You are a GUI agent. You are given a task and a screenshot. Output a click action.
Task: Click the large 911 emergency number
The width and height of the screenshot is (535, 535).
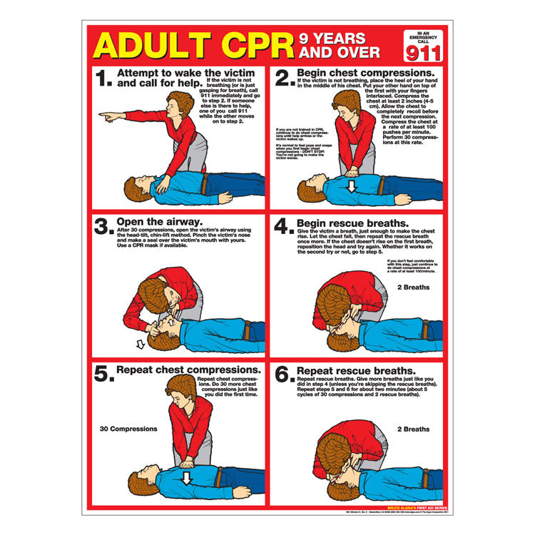422,51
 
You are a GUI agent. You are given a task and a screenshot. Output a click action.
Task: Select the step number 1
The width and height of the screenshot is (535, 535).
103,78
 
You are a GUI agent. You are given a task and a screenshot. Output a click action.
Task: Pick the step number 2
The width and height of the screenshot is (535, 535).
284,78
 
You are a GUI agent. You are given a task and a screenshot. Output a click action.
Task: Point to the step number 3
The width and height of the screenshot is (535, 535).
103,226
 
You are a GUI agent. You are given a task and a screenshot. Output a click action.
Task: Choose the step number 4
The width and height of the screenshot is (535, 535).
284,226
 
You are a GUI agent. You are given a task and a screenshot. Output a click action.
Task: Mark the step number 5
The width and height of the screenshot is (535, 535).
103,375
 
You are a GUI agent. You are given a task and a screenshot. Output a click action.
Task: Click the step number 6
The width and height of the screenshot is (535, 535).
284,375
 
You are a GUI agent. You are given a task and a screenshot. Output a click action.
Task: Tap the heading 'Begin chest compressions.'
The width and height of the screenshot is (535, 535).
355,73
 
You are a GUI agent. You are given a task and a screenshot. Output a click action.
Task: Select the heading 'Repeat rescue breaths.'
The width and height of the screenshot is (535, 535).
346,371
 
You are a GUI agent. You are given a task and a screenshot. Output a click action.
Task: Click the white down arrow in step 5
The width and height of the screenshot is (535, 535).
187,477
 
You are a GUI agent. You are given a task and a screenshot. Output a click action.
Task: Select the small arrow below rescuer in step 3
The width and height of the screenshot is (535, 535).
141,344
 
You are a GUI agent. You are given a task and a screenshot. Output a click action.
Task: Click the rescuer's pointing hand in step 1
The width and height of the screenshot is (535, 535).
106,115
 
